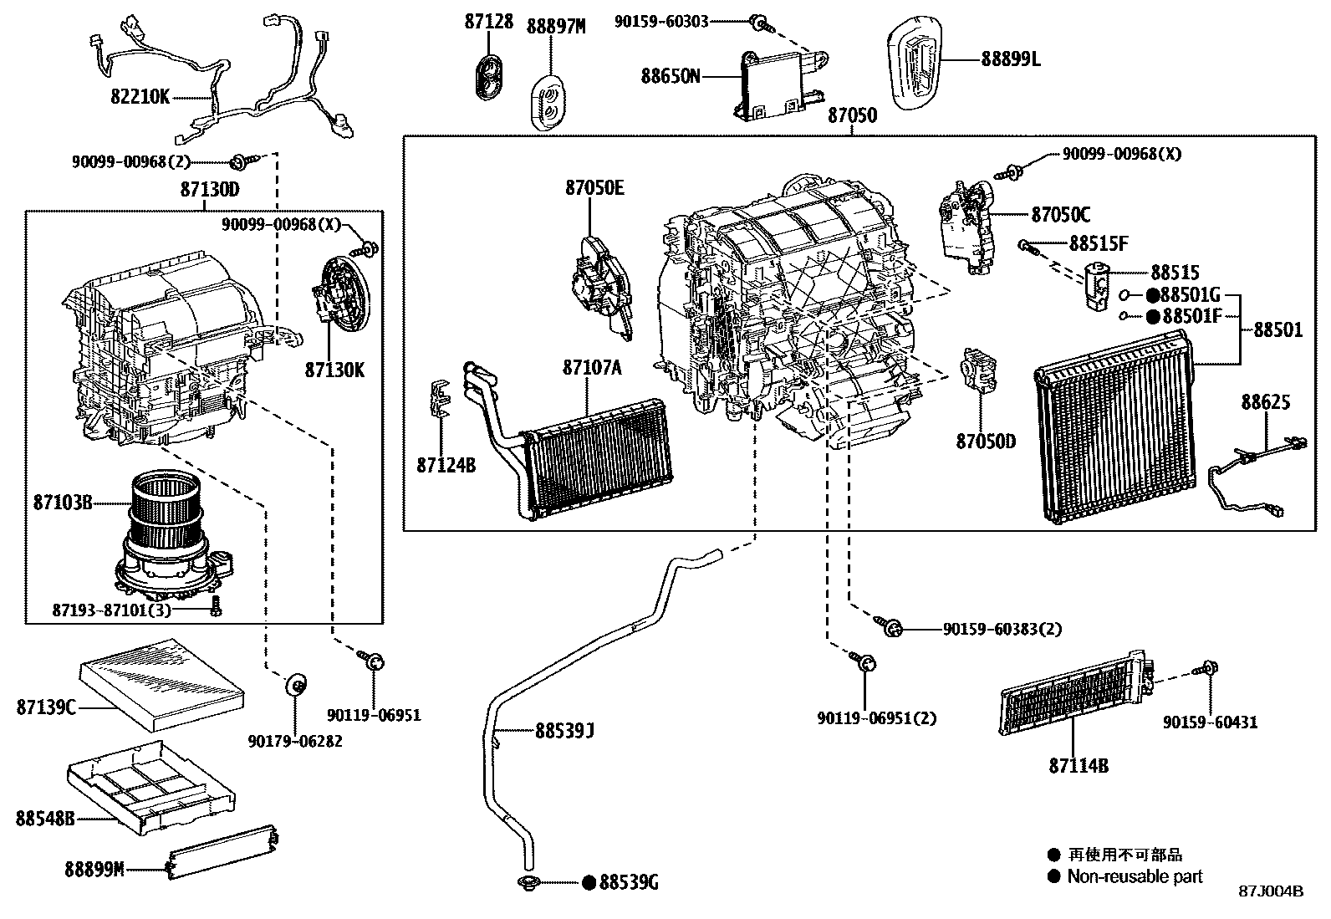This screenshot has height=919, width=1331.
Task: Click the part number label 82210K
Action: pyautogui.click(x=140, y=97)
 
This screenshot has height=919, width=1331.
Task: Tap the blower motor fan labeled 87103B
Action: pyautogui.click(x=167, y=535)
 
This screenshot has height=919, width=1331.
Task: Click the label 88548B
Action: pyautogui.click(x=44, y=818)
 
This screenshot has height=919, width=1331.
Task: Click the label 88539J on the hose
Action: pyautogui.click(x=564, y=732)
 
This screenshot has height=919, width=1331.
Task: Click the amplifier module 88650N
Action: pyautogui.click(x=773, y=84)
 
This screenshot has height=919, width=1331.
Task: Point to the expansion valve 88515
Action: pyautogui.click(x=1097, y=284)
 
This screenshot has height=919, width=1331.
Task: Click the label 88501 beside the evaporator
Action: pyautogui.click(x=1277, y=330)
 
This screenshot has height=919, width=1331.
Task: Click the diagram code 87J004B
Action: pyautogui.click(x=1271, y=891)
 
